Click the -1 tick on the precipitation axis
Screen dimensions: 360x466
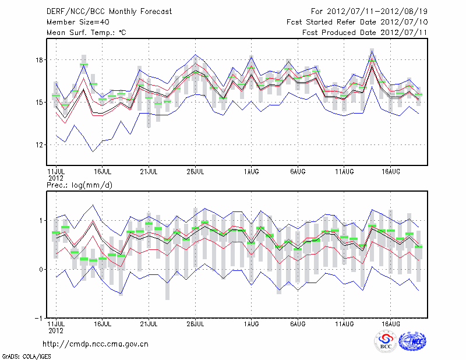[38, 318]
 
